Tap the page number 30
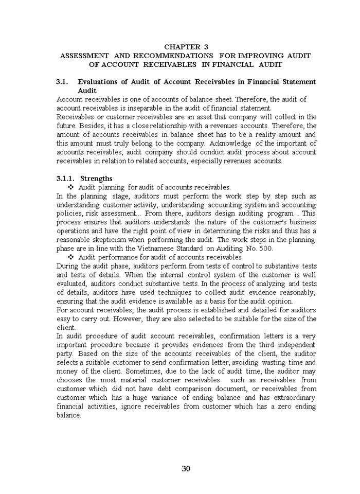[186, 468]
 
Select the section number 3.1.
[62, 82]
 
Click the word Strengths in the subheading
[96, 179]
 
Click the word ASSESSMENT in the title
[85, 56]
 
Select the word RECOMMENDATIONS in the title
[173, 56]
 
